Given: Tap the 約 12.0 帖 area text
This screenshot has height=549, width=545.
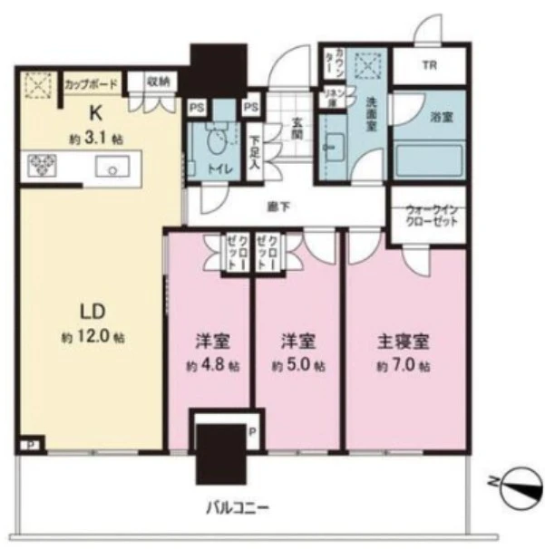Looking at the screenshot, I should (97, 337).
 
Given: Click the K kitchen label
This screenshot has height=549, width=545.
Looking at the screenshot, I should (93, 114).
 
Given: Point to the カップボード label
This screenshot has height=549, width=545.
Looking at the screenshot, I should (92, 84).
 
